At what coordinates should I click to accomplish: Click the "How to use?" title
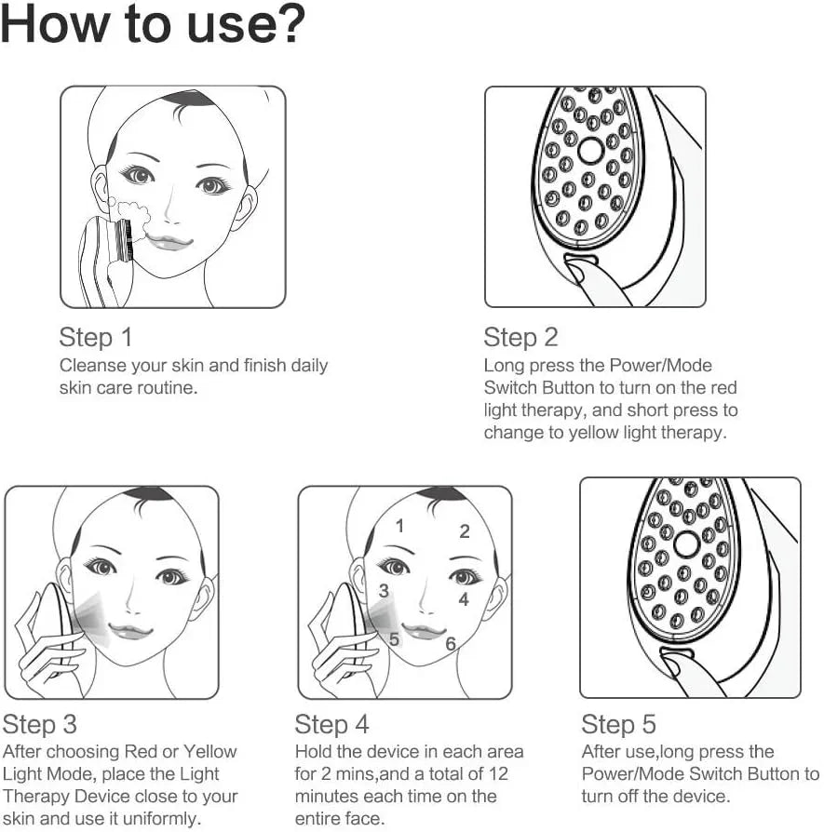154,26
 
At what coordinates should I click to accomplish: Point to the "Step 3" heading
40,724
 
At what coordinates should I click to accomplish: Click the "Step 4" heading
332,724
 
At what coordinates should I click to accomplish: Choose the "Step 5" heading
619,724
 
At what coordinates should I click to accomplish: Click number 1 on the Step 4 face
399,526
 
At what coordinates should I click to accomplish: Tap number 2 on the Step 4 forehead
464,532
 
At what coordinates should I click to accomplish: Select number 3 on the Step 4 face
384,591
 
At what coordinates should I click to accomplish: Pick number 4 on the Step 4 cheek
464,600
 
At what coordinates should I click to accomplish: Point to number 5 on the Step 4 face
395,639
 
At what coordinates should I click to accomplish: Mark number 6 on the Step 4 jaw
450,644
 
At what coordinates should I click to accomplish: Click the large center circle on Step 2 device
591,151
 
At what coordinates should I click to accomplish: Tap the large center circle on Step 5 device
687,545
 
